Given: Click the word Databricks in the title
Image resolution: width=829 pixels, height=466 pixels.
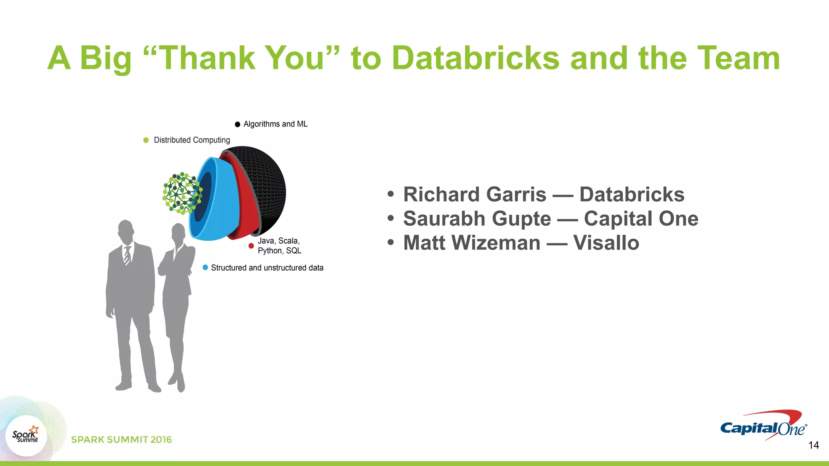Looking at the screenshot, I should tap(476, 58).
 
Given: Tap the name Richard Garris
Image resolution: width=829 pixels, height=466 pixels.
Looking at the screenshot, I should tap(474, 195).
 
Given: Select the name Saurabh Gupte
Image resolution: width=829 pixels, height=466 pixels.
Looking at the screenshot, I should tap(477, 219).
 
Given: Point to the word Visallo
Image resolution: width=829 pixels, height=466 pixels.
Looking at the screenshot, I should tap(606, 243).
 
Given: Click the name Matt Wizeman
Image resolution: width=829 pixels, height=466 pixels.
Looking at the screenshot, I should tap(472, 243).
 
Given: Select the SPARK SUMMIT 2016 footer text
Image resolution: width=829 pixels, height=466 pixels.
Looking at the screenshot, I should tap(121, 440).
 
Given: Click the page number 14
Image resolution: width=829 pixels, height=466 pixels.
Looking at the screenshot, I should tap(813, 445).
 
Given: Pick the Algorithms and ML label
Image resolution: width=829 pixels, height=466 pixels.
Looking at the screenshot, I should tap(275, 124).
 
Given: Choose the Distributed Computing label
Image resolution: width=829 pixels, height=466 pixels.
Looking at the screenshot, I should tap(192, 140).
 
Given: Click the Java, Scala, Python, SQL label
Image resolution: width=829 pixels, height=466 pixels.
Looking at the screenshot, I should tap(279, 246).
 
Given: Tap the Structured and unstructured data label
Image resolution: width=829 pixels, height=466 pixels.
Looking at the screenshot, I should tap(267, 268).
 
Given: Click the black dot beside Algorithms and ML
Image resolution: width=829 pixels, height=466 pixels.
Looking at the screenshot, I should tap(238, 124).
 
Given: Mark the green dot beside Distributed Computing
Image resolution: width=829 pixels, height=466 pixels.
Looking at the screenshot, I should tap(146, 140).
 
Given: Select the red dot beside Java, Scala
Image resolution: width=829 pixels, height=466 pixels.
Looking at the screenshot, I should tap(251, 246).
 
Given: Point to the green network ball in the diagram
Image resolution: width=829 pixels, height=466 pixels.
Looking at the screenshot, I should tap(181, 193).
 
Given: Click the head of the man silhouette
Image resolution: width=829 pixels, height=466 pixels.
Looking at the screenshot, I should tap(126, 231).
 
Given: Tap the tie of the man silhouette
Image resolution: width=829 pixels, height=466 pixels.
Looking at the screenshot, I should tap(127, 255).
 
